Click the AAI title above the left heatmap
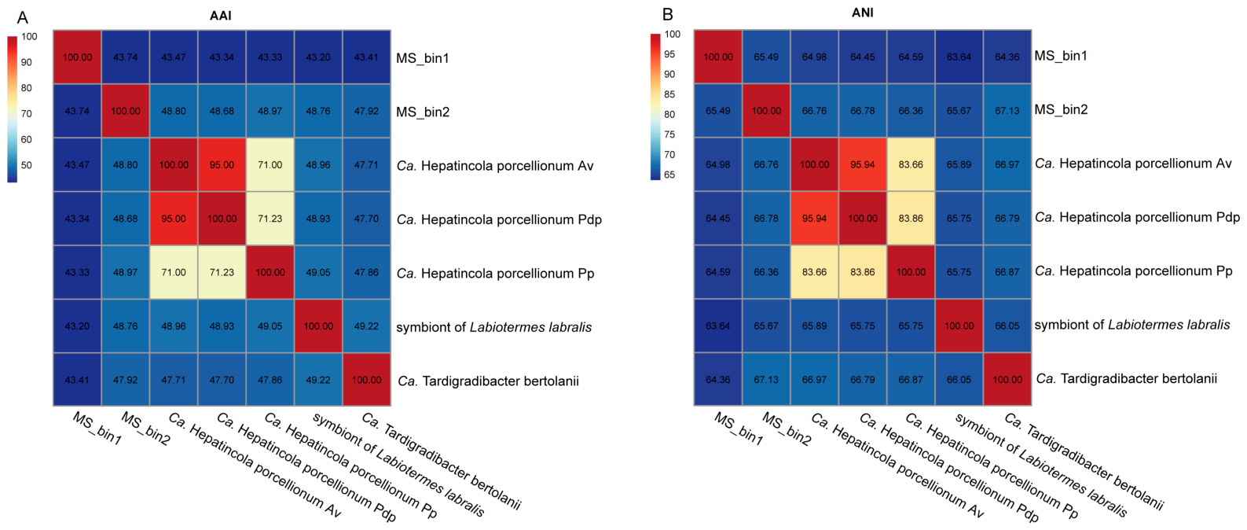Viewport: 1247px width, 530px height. coord(221,16)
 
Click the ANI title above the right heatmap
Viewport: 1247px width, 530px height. coord(862,13)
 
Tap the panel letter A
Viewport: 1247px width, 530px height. coord(22,18)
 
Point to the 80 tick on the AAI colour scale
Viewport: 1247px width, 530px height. coord(26,87)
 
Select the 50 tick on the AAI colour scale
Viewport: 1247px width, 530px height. coord(26,165)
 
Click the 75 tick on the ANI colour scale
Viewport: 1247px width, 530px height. coord(669,134)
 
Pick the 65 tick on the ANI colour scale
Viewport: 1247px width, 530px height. coord(669,175)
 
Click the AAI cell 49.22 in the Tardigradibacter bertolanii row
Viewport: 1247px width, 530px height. coord(318,380)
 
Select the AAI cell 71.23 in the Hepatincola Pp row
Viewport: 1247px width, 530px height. coord(222,273)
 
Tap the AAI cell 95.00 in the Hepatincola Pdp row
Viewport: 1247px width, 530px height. coord(174,219)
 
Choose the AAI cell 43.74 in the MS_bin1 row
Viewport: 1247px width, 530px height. coord(125,57)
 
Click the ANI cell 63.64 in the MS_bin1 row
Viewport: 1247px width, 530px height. coord(959,57)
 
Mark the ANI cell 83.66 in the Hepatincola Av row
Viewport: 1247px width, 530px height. coord(911,164)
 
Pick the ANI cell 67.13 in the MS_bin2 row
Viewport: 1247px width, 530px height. coord(1007,110)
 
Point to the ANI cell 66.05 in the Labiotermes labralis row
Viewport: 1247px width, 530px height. coord(1007,326)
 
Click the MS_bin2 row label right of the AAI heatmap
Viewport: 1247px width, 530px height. coord(423,112)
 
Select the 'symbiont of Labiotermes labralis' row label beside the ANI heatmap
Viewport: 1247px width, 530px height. coord(1132,324)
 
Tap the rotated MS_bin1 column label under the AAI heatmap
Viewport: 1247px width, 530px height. coord(97,429)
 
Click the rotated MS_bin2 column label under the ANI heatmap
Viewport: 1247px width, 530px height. coord(786,429)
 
